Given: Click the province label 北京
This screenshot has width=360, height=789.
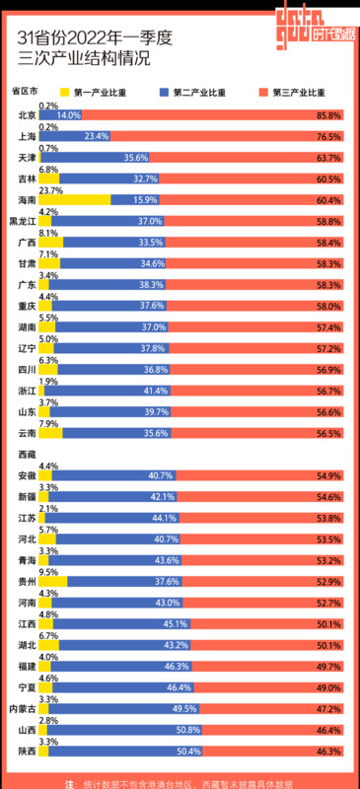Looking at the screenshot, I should point(28,115).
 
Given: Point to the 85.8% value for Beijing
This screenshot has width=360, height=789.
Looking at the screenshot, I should point(328,115).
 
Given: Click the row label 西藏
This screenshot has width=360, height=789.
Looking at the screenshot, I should point(28,454).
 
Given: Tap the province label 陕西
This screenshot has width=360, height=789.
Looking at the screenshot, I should point(28,752).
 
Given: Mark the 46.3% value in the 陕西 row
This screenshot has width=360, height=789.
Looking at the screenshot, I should point(328,752).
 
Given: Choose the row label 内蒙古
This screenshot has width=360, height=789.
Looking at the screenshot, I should point(24,709).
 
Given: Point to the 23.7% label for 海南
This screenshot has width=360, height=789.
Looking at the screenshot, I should point(49,189).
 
